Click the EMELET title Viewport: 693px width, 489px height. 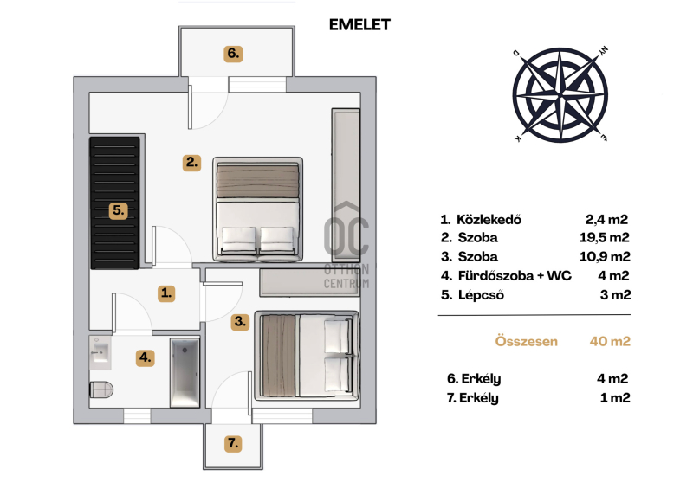tap(359, 25)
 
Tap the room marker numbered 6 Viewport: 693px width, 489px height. tap(233, 54)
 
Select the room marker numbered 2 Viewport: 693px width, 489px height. tap(191, 162)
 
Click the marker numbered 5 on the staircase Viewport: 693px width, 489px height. tap(118, 210)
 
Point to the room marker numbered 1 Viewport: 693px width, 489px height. tap(166, 293)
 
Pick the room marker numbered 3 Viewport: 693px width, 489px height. tap(240, 322)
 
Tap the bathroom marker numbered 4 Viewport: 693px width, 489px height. tap(146, 357)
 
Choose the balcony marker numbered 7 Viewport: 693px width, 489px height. tap(233, 442)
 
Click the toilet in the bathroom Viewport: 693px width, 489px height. tap(101, 389)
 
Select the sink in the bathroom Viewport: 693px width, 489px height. tap(100, 352)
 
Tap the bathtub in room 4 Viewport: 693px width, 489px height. tap(185, 373)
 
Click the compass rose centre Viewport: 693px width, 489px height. tap(560, 95)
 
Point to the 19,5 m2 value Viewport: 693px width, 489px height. tap(604, 238)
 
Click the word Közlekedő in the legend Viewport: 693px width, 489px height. tap(489, 220)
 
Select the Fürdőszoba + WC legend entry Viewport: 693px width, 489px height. tap(515, 276)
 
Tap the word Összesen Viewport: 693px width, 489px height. tap(527, 342)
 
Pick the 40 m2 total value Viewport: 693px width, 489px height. tap(610, 342)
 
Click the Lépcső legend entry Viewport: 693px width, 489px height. tap(481, 295)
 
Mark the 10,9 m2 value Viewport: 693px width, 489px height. tap(605, 257)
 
